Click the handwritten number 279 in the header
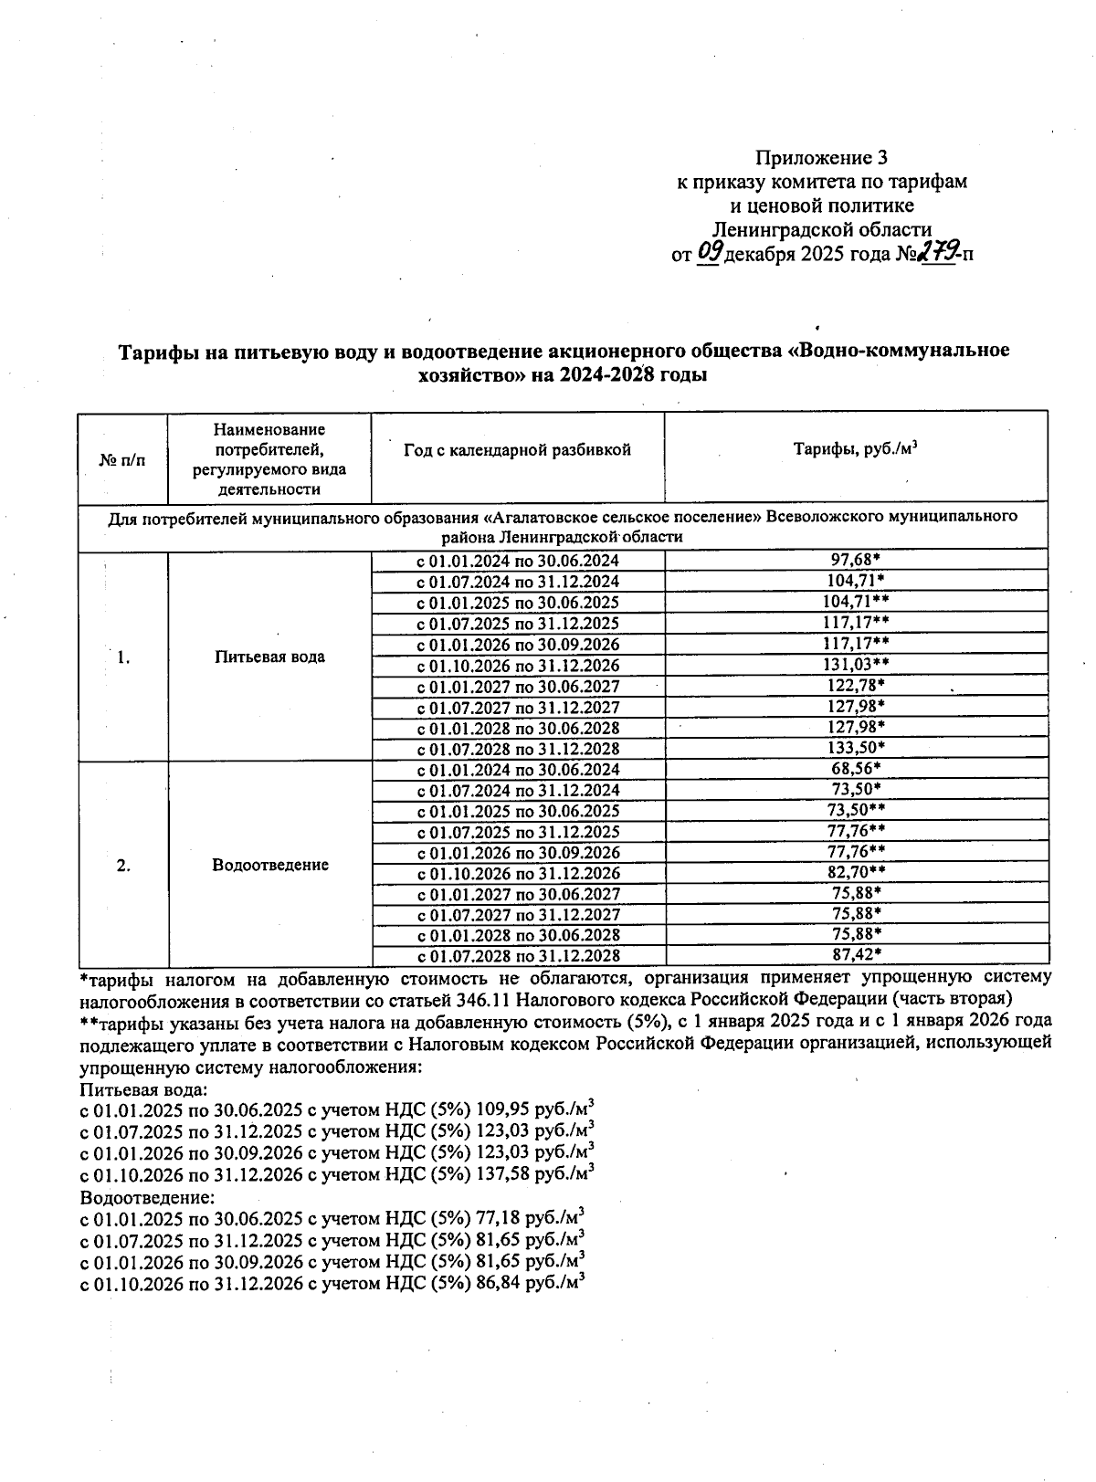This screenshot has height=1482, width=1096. pyautogui.click(x=937, y=252)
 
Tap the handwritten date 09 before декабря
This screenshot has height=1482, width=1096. pyautogui.click(x=709, y=252)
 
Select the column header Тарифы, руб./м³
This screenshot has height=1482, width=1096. pyautogui.click(x=855, y=449)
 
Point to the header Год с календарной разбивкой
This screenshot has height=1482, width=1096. pyautogui.click(x=517, y=450)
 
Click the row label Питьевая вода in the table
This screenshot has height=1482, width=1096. pyautogui.click(x=269, y=657)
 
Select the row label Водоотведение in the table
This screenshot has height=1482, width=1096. pyautogui.click(x=269, y=865)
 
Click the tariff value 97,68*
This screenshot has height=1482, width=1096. pyautogui.click(x=855, y=560)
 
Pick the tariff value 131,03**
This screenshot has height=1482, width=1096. pyautogui.click(x=855, y=665)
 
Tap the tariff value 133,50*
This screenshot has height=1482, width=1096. pyautogui.click(x=855, y=748)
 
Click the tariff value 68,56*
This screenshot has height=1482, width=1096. pyautogui.click(x=855, y=769)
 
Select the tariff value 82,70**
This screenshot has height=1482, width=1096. pyautogui.click(x=855, y=873)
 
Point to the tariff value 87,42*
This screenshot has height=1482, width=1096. pyautogui.click(x=855, y=955)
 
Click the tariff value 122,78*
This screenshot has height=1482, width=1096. pyautogui.click(x=855, y=686)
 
